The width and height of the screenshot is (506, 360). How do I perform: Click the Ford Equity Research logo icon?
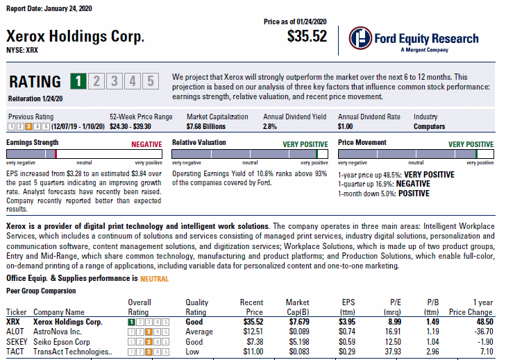coord(360,40)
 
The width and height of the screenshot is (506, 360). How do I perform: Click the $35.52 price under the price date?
coord(307,37)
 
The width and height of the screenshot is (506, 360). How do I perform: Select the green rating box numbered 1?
coord(81,82)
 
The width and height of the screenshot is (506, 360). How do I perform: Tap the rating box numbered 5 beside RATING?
coord(150,82)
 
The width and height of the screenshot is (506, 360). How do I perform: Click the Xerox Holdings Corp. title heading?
coord(75,36)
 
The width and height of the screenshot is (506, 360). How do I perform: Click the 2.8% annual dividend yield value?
coord(270,127)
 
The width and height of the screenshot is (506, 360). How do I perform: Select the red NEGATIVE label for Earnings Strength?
coord(146,144)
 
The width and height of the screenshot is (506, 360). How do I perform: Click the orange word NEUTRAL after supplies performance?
coord(154,279)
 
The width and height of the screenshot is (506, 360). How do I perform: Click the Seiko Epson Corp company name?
coord(62,342)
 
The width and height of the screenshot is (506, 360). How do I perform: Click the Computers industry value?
coord(430,127)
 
